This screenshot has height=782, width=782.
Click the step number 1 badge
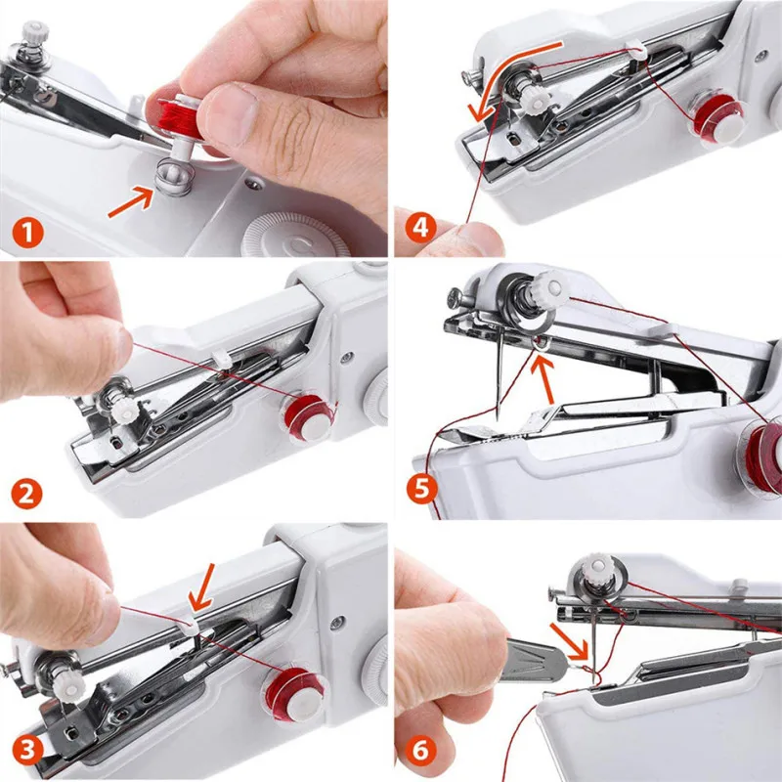(28, 233)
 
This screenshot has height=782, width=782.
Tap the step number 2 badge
(26, 494)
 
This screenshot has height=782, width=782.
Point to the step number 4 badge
(420, 228)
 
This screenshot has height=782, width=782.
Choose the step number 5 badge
(422, 488)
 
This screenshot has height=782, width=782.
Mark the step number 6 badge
(420, 750)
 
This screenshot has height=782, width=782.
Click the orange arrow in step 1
(131, 201)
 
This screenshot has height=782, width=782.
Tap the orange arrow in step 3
(203, 588)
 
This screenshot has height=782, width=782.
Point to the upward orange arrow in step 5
(544, 379)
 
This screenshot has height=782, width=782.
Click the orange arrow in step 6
(571, 641)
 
